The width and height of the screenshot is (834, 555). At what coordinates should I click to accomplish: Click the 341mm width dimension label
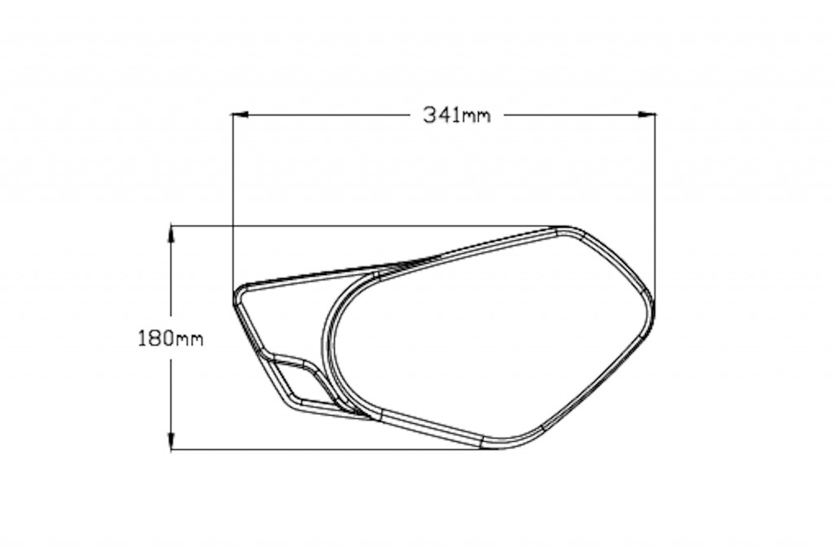coord(457,115)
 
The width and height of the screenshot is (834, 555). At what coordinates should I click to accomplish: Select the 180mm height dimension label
coord(169,338)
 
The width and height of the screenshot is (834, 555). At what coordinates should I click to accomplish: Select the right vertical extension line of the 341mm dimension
coord(656,203)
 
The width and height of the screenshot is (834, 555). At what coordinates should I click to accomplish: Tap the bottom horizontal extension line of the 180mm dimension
coord(326,449)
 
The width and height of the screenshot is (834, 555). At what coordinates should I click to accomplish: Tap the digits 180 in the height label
coord(154,338)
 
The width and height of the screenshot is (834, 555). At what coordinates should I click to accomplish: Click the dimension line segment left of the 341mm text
coord(326,115)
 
